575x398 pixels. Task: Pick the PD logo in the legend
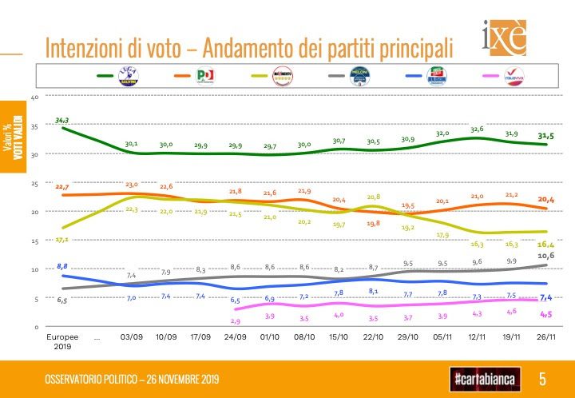205,76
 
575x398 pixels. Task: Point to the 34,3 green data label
62,120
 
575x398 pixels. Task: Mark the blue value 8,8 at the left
62,265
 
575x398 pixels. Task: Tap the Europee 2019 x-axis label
61,343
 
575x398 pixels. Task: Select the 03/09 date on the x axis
131,339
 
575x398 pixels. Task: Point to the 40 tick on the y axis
34,97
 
